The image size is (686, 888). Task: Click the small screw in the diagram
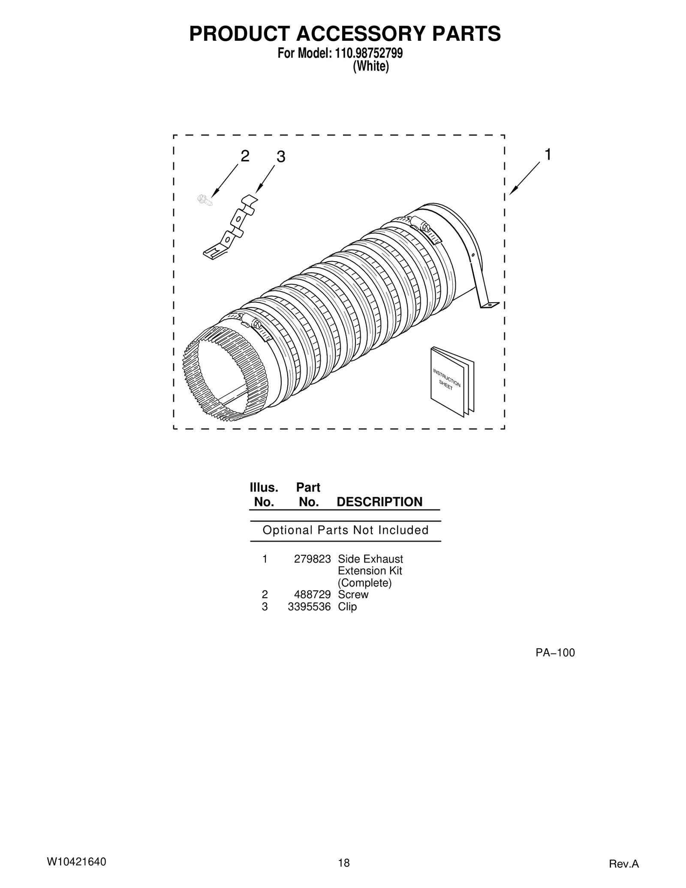[x=204, y=199]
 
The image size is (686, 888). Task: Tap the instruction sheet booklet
[x=452, y=381]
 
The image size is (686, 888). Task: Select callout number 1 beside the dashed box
[x=548, y=155]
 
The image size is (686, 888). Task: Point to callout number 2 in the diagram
[x=245, y=157]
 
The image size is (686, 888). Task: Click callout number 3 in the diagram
[x=280, y=157]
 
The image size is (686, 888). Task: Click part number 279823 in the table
[x=312, y=559]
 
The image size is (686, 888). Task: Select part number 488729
[x=312, y=595]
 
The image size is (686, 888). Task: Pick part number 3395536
[x=309, y=607]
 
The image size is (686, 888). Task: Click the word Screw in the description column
[x=353, y=595]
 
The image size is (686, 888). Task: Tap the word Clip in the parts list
[x=347, y=607]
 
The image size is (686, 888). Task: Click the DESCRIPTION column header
[x=379, y=502]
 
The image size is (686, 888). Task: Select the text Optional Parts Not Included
[x=345, y=530]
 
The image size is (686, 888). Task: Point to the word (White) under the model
[x=370, y=67]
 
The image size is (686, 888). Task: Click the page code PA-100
[x=555, y=653]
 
